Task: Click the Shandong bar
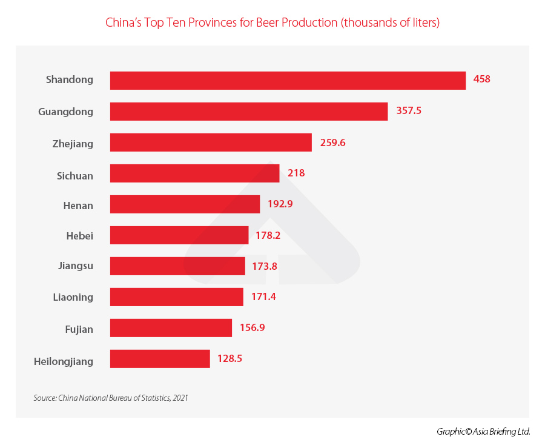[288, 81]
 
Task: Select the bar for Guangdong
[248, 112]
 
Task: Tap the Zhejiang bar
[211, 143]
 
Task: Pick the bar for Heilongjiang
[160, 358]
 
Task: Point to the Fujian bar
[171, 328]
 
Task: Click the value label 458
[482, 79]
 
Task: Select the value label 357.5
[409, 111]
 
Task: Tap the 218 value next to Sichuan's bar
[296, 173]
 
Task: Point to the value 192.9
[280, 204]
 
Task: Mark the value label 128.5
[230, 358]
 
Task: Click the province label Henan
[78, 206]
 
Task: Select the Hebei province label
[80, 236]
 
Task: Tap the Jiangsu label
[76, 266]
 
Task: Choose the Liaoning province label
[73, 297]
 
